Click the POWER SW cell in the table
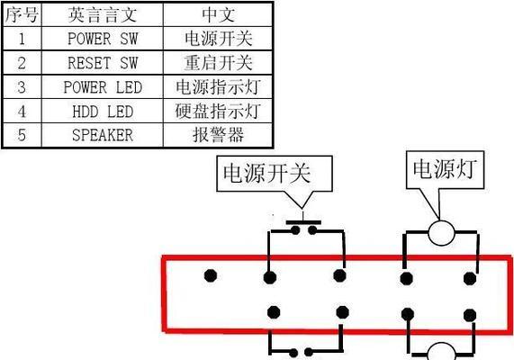pyautogui.click(x=103, y=39)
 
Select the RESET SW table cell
pyautogui.click(x=103, y=63)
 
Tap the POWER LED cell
pyautogui.click(x=103, y=87)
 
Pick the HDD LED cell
pyautogui.click(x=103, y=111)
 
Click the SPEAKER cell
pyautogui.click(x=103, y=135)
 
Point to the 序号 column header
pyautogui.click(x=22, y=14)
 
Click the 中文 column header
pyautogui.click(x=218, y=14)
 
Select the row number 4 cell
pyautogui.click(x=22, y=111)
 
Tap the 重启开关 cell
pyautogui.click(x=218, y=63)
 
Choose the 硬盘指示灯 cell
pyautogui.click(x=218, y=111)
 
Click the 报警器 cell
pyautogui.click(x=218, y=135)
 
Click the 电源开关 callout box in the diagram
pyautogui.click(x=275, y=174)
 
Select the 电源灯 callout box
pyautogui.click(x=445, y=169)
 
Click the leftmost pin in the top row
pyautogui.click(x=211, y=275)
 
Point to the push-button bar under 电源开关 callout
pyautogui.click(x=303, y=222)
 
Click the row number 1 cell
pyautogui.click(x=22, y=39)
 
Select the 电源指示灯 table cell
pyautogui.click(x=218, y=87)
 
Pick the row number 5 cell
pyautogui.click(x=22, y=135)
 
